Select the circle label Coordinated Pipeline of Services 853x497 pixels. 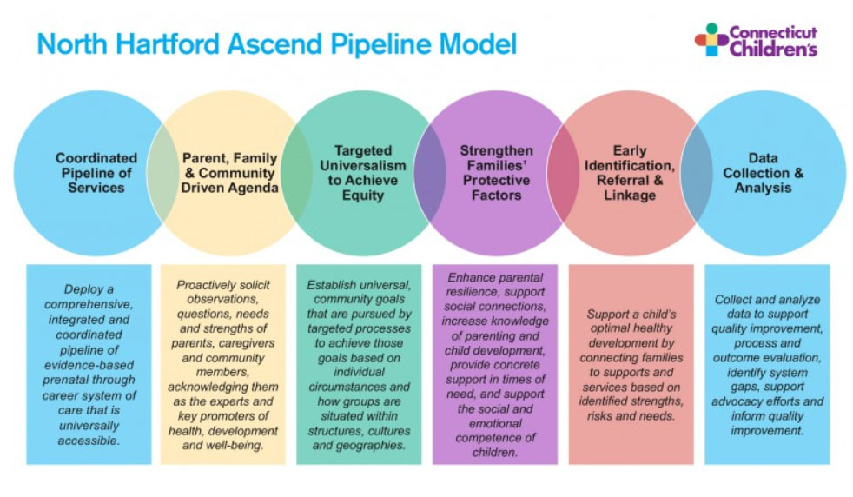coord(96,172)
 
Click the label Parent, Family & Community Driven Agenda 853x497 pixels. coord(229,172)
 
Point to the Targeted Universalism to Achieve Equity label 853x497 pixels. coord(362,172)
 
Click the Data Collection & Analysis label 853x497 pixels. coord(764,172)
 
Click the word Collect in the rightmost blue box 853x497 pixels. coord(735,300)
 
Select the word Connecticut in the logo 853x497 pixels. coord(772,33)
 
